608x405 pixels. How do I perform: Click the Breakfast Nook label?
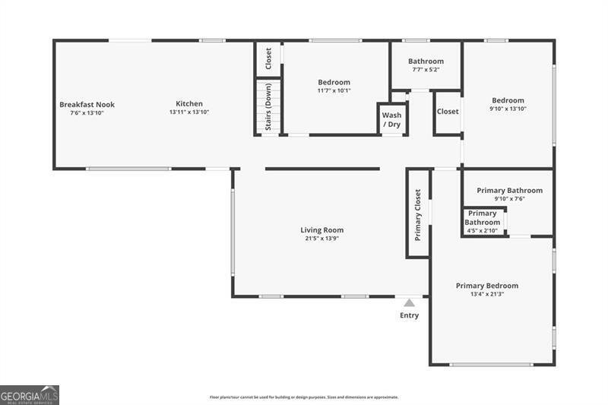(x=87, y=104)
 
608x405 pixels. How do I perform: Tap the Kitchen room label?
(x=189, y=104)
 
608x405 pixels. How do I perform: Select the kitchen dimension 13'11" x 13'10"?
(x=189, y=112)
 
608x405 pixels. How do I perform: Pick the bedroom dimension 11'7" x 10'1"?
(x=334, y=90)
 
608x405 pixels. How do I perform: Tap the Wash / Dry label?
(x=392, y=119)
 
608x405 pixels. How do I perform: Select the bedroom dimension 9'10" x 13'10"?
(x=508, y=109)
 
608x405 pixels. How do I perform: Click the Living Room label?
(x=321, y=230)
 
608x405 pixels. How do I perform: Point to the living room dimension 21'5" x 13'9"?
(x=321, y=239)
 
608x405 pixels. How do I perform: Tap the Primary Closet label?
(x=418, y=215)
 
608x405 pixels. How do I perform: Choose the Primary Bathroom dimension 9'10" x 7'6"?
(x=509, y=199)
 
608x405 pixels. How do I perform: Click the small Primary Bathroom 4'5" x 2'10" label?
(x=483, y=222)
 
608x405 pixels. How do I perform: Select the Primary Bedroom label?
(x=486, y=286)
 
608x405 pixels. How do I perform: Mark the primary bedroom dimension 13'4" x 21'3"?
(x=486, y=294)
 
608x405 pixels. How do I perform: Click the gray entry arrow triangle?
(x=409, y=302)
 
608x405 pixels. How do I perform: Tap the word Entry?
(x=409, y=315)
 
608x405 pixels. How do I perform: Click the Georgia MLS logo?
(x=30, y=395)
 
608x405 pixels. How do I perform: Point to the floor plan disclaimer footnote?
(x=304, y=397)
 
